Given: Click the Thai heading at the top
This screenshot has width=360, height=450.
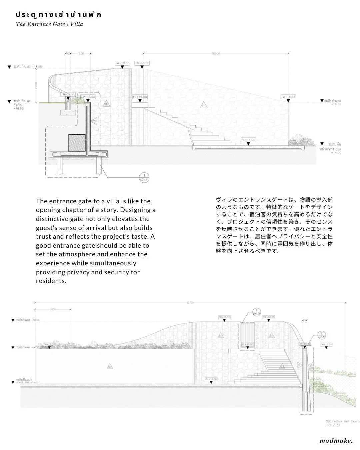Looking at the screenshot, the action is tap(58, 15).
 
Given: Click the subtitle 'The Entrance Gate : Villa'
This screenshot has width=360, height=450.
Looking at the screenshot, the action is tap(49, 24).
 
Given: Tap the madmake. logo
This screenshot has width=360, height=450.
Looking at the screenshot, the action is tap(336, 441).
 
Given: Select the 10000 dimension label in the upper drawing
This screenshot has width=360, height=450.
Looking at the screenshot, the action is tap(216, 53).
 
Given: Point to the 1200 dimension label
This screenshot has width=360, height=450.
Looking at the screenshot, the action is tap(80, 53).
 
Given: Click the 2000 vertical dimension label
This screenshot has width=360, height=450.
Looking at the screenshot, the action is tap(36, 85).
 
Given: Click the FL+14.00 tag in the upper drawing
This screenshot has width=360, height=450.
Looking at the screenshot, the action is tap(248, 140).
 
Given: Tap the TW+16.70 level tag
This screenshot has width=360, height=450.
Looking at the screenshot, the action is tap(68, 95).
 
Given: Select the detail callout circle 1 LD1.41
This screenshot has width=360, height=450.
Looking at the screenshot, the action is tap(144, 178).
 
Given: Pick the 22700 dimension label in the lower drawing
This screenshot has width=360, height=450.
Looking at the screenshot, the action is tap(190, 303).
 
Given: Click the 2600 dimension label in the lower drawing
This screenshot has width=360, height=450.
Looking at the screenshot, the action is tap(53, 309).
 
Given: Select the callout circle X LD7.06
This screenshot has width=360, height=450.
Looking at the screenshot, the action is tap(256, 312).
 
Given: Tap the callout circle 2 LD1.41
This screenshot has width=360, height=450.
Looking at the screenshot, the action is tap(322, 335).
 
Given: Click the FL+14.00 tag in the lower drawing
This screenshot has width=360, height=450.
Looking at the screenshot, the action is tap(211, 379).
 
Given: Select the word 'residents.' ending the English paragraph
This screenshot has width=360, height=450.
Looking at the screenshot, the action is tap(51, 281).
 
